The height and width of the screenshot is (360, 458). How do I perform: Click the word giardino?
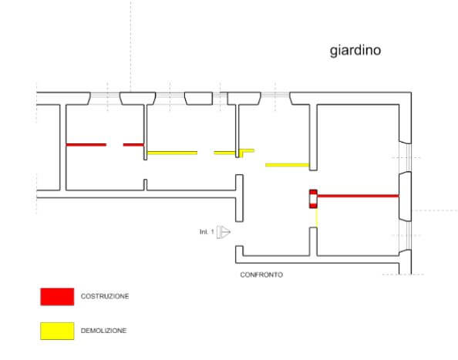[x=355, y=51]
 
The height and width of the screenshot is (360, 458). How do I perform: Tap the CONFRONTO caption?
[x=261, y=274]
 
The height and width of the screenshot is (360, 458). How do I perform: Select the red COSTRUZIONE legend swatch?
[x=57, y=297]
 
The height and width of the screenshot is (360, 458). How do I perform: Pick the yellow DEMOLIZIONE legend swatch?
[x=57, y=331]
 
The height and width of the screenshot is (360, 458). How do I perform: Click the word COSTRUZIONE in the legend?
[x=105, y=296]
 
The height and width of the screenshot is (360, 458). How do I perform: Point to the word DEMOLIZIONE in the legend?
[x=103, y=331]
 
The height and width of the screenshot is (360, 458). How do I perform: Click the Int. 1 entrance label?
[x=207, y=232]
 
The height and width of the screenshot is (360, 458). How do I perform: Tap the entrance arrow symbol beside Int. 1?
[x=224, y=232]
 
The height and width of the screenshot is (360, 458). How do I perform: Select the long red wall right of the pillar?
[x=358, y=196]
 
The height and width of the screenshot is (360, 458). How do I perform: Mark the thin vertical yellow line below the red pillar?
[x=317, y=217]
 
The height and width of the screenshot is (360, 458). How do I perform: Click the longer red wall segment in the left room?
[x=86, y=144]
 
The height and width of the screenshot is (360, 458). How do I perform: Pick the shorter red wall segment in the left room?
[x=133, y=144]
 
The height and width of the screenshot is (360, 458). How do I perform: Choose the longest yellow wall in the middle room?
[x=173, y=153]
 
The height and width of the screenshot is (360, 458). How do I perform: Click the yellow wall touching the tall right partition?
[x=287, y=165]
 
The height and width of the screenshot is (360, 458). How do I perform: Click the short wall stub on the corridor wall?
[x=145, y=184]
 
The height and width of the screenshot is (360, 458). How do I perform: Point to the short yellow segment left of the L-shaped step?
[x=224, y=153]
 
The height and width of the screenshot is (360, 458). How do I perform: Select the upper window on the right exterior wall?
[x=405, y=158]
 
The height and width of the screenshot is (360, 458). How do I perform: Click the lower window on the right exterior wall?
[x=405, y=236]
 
